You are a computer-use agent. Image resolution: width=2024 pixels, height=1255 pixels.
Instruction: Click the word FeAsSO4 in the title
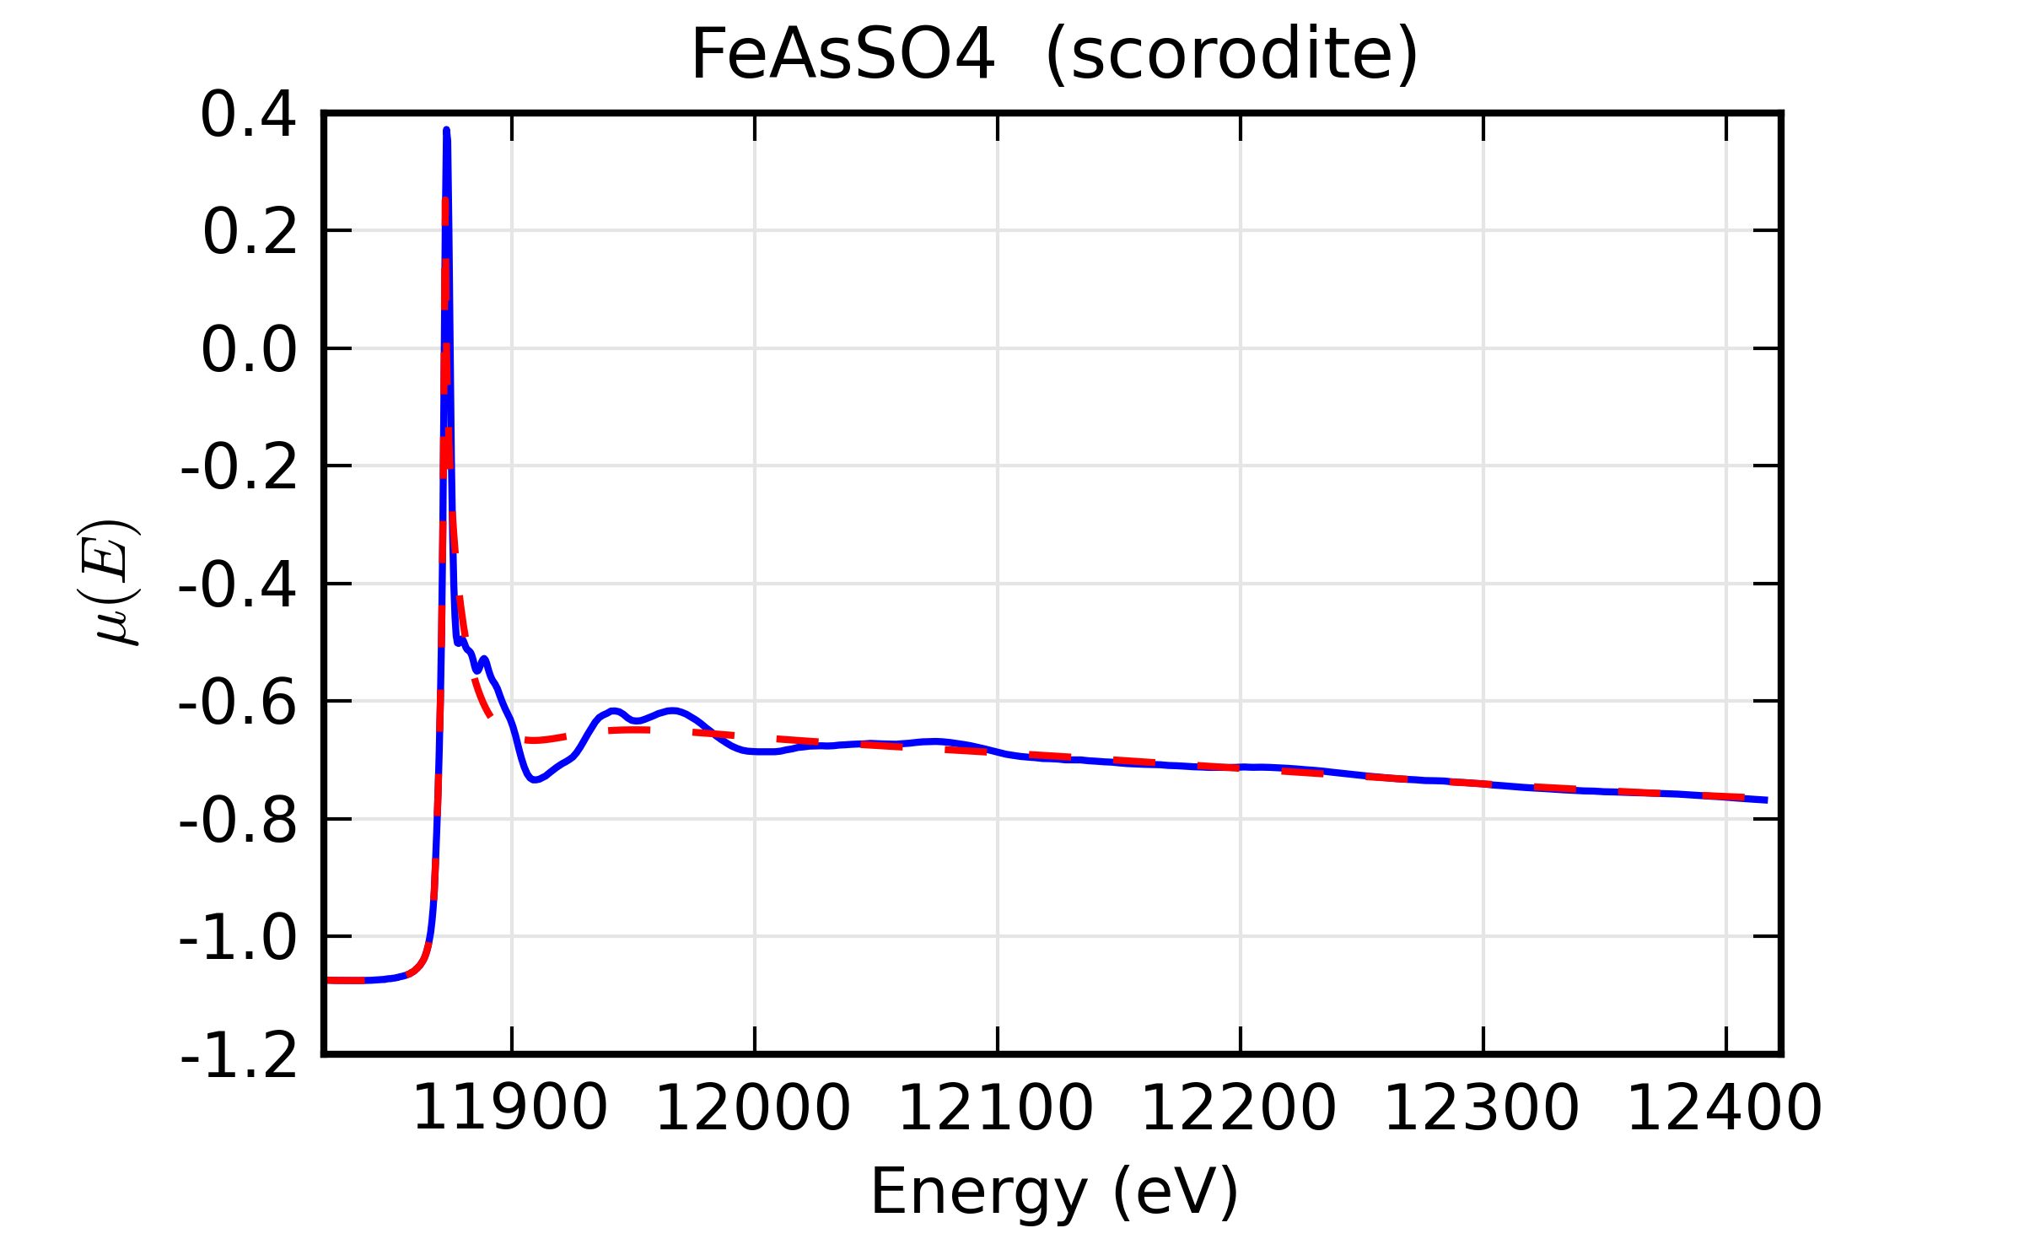click(842, 55)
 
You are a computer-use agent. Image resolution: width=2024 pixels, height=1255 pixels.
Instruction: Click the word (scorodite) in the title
click(1232, 57)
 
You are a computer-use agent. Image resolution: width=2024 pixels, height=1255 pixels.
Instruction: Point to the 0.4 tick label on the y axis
click(248, 115)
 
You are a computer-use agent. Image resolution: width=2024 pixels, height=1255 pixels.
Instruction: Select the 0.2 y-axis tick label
click(250, 232)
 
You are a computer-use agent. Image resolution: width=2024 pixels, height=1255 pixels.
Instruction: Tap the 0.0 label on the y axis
click(249, 350)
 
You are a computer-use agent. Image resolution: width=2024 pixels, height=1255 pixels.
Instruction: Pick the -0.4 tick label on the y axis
click(238, 585)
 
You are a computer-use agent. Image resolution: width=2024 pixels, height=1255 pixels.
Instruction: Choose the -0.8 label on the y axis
click(238, 821)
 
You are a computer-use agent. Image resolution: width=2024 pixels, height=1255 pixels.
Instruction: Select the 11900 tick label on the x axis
click(510, 1108)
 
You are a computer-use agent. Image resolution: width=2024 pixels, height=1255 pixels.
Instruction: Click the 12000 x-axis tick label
click(753, 1108)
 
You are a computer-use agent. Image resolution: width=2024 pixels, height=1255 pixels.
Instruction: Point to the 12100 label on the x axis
click(996, 1108)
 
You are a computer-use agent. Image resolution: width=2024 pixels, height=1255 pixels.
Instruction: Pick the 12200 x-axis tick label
click(1239, 1108)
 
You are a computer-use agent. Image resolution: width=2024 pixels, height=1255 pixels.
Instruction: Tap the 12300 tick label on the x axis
click(1482, 1108)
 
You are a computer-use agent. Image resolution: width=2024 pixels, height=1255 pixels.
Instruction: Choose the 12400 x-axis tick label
click(1725, 1108)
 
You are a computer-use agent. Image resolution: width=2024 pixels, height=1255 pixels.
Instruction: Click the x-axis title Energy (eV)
click(1054, 1192)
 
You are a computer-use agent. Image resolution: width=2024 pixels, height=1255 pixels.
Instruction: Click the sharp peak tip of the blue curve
click(446, 131)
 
